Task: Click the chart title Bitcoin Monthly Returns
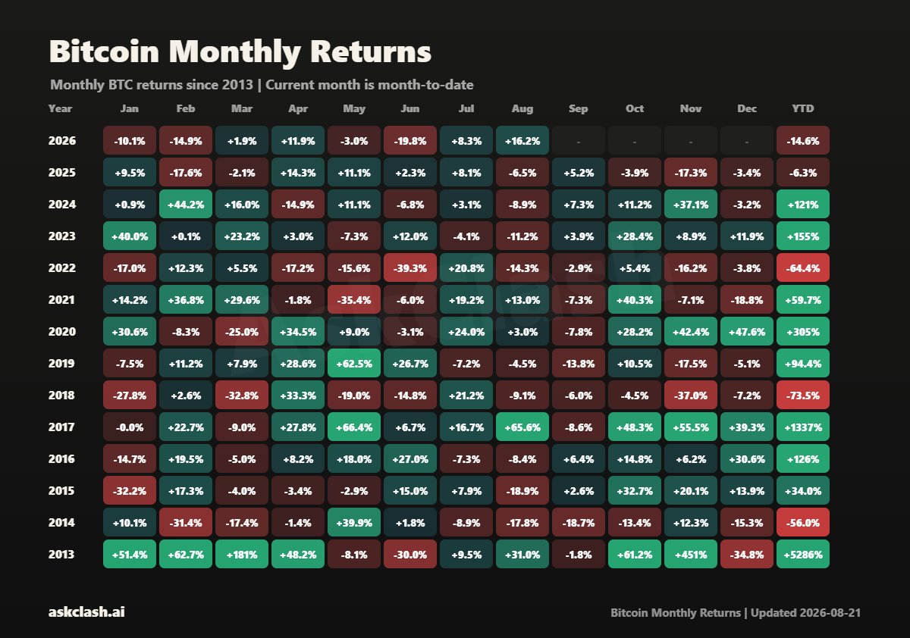[x=240, y=52]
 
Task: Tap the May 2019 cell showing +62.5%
[x=354, y=363]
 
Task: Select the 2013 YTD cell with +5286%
[x=803, y=554]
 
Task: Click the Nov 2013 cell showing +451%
[x=691, y=554]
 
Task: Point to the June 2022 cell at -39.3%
[x=410, y=268]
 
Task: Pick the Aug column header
[x=522, y=109]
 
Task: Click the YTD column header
[x=803, y=109]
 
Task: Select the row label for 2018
[x=61, y=396]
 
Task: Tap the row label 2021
[x=61, y=300]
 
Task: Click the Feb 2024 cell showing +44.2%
[x=186, y=204]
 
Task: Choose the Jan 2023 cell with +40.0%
[x=130, y=236]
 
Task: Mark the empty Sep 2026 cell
[x=579, y=140]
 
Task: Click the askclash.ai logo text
[x=86, y=612]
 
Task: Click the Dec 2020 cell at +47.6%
[x=747, y=332]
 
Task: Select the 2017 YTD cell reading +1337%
[x=803, y=427]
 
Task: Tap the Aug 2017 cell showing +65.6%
[x=522, y=427]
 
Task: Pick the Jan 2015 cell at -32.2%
[x=130, y=491]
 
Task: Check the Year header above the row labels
[x=60, y=109]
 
